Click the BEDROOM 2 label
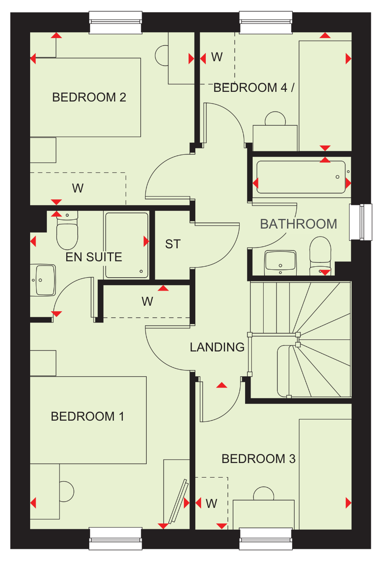(89, 97)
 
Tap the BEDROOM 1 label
(88, 416)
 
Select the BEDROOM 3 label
(259, 459)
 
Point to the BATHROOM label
(298, 224)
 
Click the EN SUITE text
(94, 257)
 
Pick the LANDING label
(217, 347)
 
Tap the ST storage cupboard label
(173, 244)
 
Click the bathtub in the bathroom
(301, 177)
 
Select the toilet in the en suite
(67, 230)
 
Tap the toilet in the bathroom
(320, 256)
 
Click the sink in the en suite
(43, 280)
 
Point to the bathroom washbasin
(280, 263)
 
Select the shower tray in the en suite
(127, 245)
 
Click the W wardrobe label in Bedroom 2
(78, 188)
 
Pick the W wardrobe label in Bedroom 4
(217, 57)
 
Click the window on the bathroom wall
(361, 222)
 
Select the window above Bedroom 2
(116, 23)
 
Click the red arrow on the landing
(222, 385)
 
